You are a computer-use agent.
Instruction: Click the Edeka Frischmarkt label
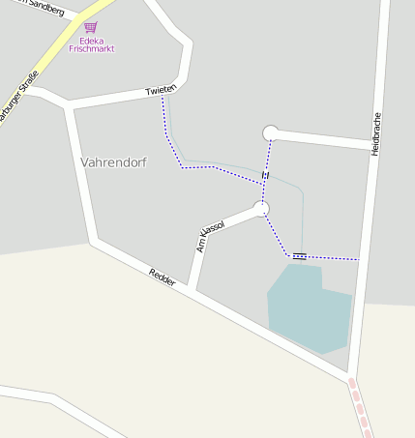pos(91,44)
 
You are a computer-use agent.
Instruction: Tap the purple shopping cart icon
pos(90,28)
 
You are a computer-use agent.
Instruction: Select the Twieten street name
pos(160,90)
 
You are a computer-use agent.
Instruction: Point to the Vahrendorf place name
pos(114,161)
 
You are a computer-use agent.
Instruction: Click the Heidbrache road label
pos(376,133)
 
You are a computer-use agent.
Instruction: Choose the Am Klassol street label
pos(210,236)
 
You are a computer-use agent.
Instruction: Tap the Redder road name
pos(163,276)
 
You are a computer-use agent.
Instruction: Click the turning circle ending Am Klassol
pos(261,208)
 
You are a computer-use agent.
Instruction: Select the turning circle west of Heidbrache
pos(271,133)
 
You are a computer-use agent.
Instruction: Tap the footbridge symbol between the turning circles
pos(265,176)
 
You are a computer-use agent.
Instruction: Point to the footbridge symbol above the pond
pos(299,256)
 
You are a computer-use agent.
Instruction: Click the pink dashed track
pos(359,406)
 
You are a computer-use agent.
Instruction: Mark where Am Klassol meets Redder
pos(193,290)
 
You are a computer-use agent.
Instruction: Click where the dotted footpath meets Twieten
pos(163,97)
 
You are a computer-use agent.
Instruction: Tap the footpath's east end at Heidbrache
pos(360,259)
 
